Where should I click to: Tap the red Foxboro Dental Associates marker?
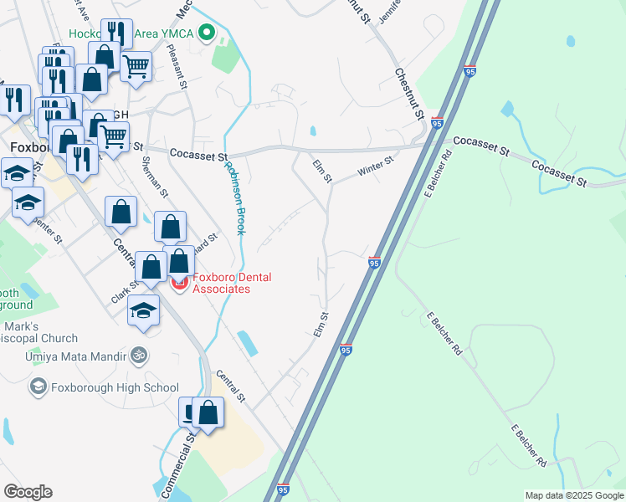[x=179, y=284]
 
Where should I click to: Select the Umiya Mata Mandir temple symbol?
[x=140, y=356]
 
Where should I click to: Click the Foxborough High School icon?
[x=38, y=387]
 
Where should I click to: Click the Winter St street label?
[x=375, y=166]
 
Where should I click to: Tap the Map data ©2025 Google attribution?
[x=574, y=495]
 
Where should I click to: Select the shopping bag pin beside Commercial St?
[x=208, y=412]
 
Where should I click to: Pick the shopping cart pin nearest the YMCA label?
[x=136, y=65]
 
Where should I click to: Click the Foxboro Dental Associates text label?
[x=222, y=283]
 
